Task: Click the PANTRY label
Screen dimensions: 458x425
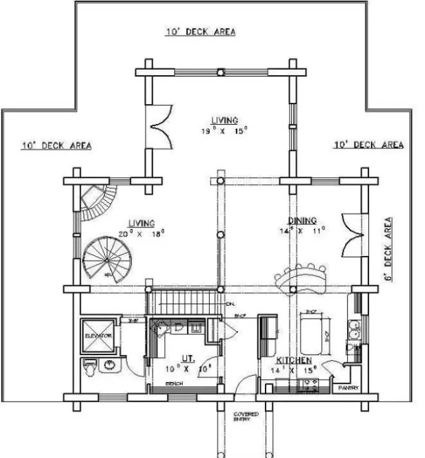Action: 348,388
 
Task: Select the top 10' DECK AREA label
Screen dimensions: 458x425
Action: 200,32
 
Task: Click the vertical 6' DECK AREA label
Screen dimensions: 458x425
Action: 388,248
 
